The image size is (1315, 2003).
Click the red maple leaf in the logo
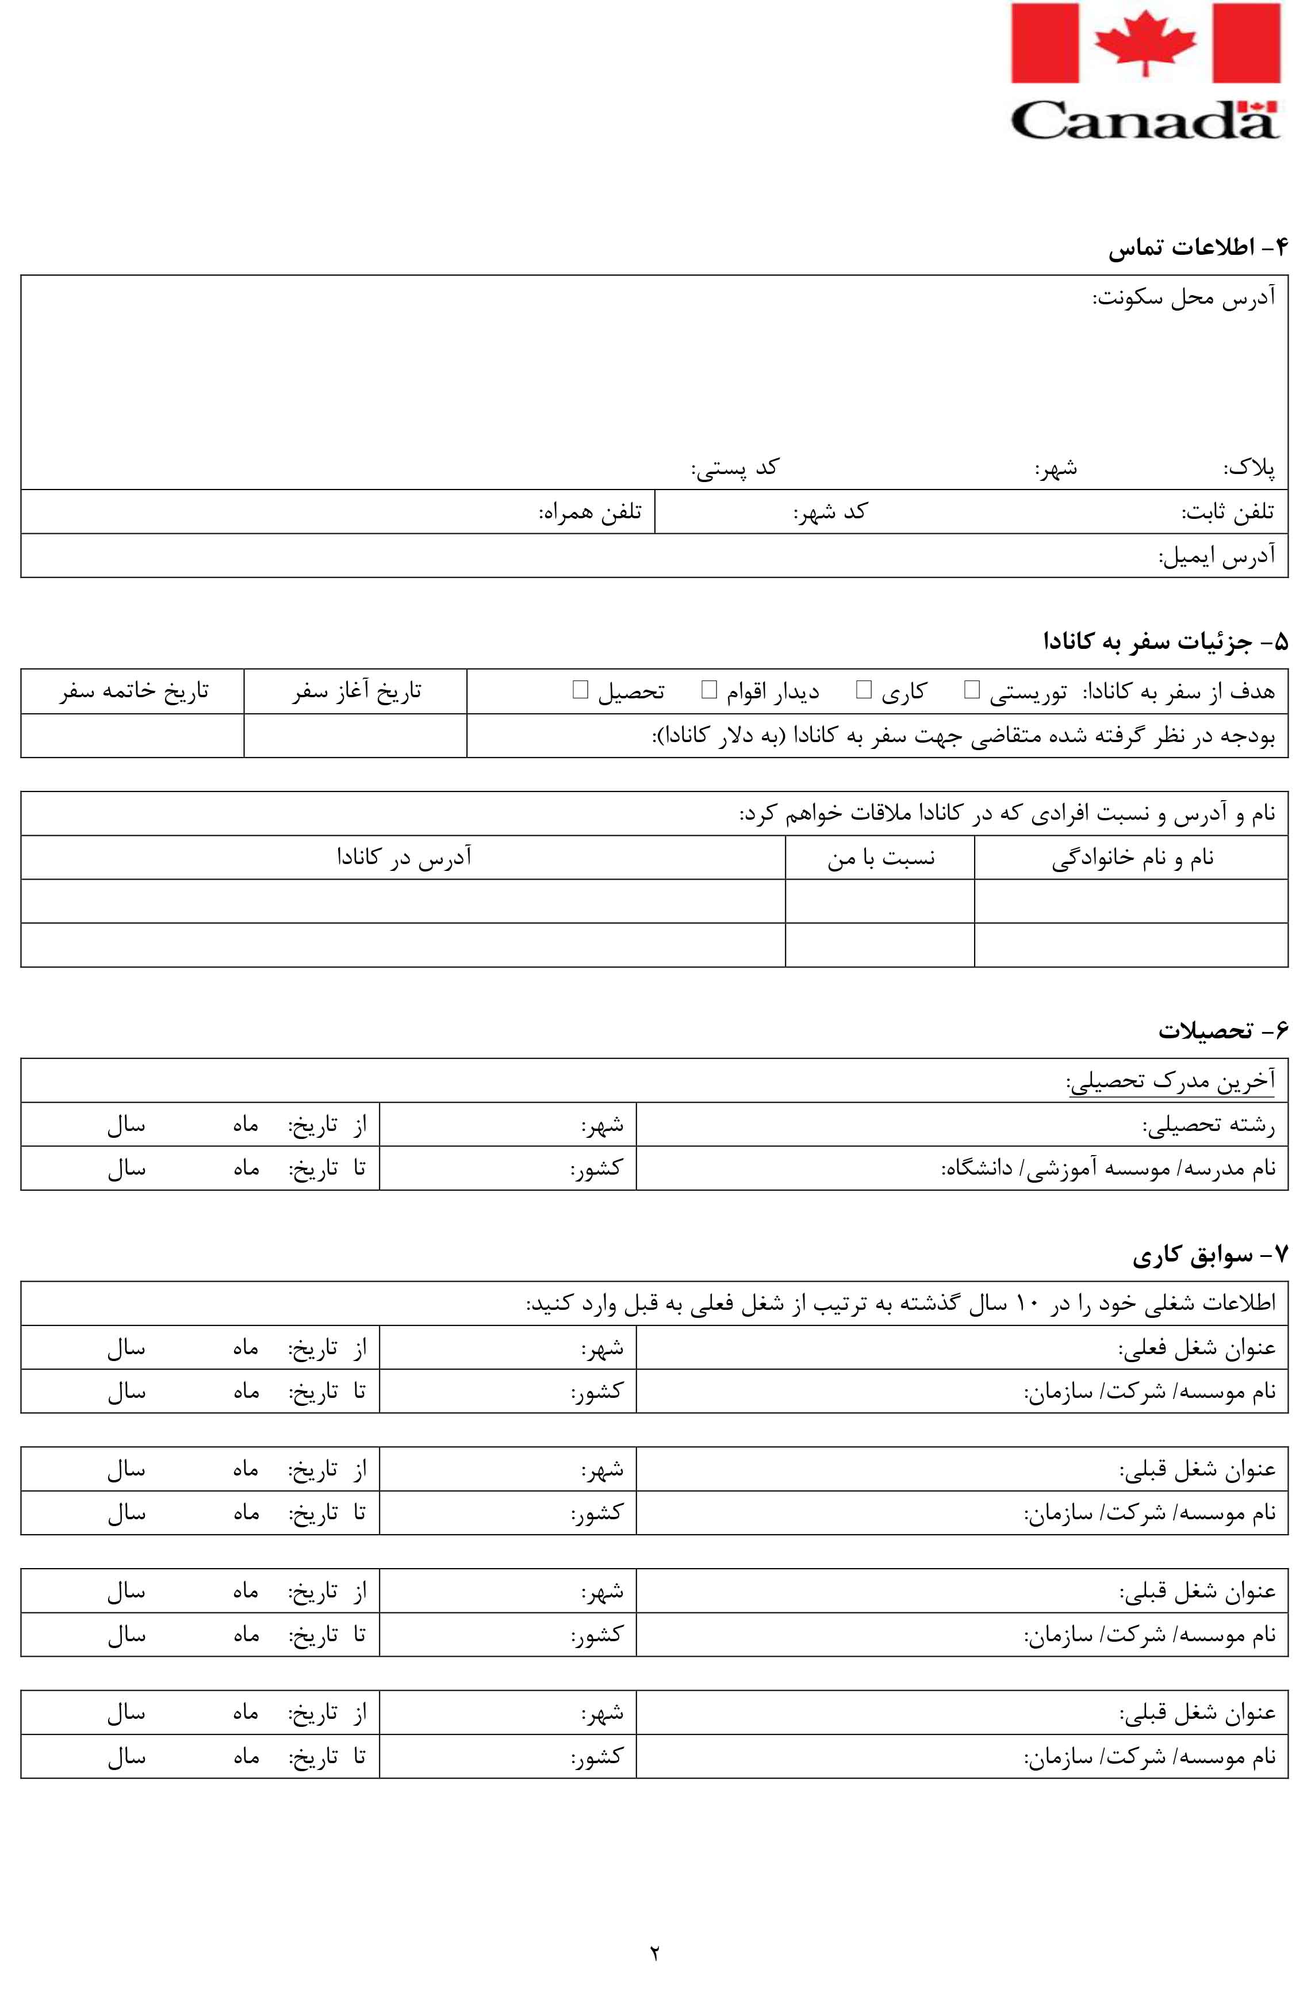1144,42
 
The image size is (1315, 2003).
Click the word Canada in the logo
1144,120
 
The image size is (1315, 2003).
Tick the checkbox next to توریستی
972,690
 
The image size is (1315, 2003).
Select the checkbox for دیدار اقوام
708,690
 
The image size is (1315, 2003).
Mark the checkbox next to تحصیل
580,690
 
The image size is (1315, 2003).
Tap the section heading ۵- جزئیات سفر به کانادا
1166,642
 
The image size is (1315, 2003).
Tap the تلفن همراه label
591,512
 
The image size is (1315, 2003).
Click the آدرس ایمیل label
1217,556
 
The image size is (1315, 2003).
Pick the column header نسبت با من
880,858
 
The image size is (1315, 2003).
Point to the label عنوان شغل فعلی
1197,1348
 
